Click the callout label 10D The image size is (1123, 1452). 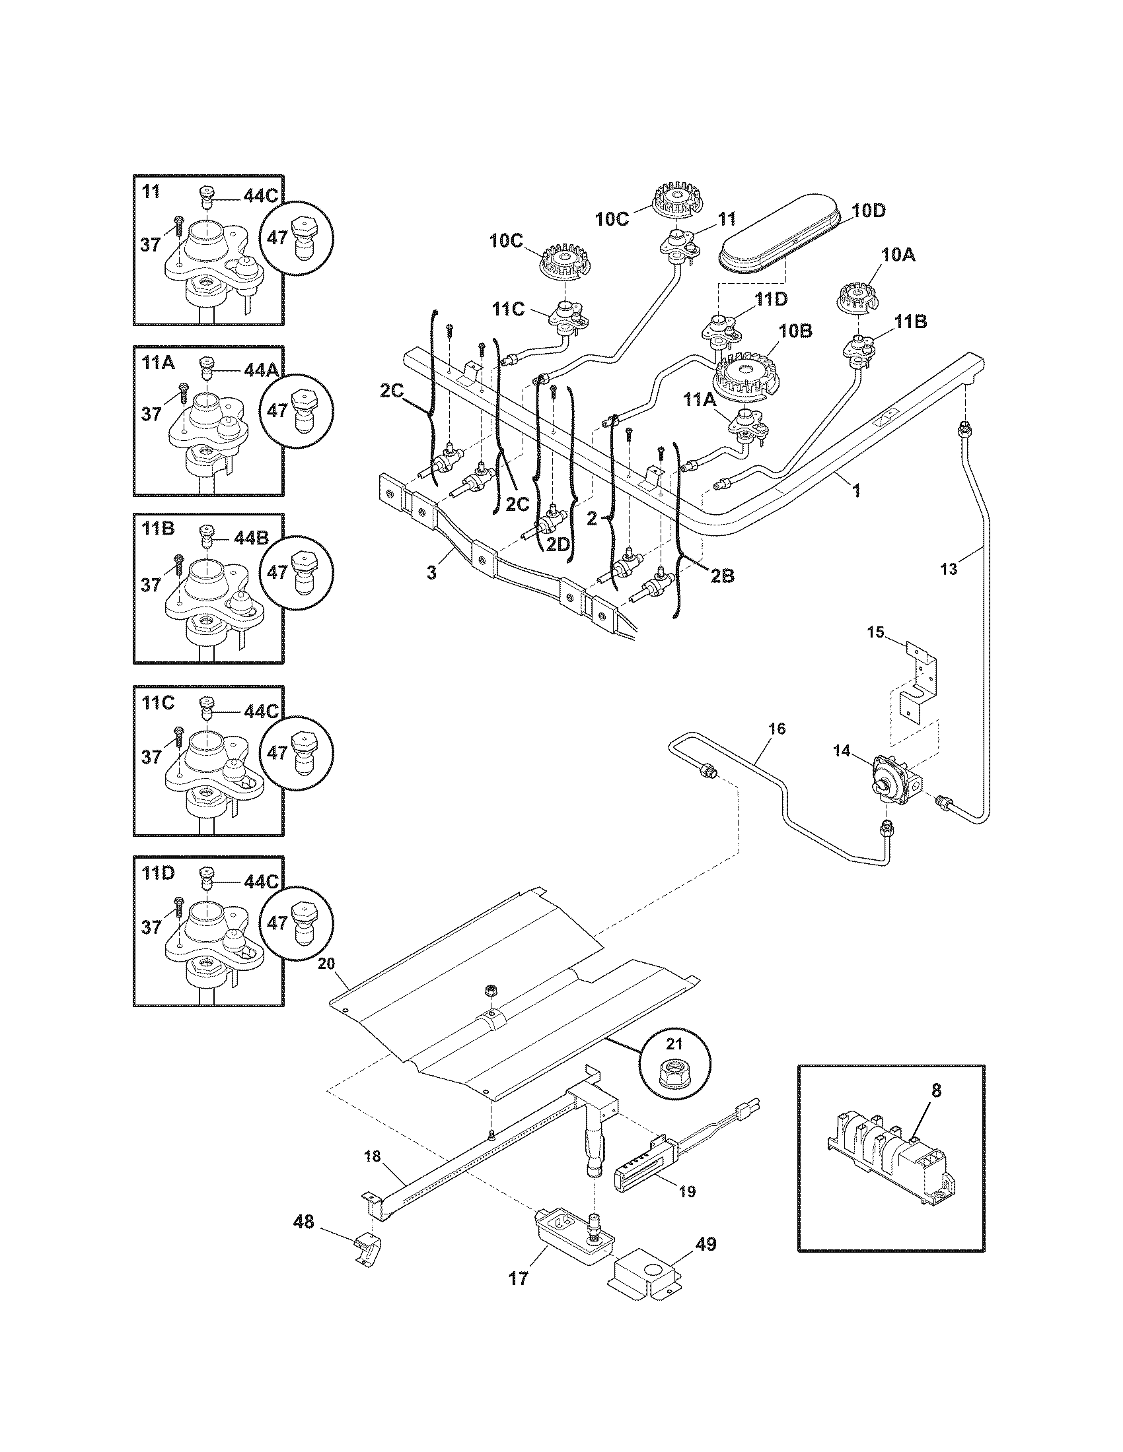pyautogui.click(x=869, y=212)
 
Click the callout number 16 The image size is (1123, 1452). pyautogui.click(x=777, y=729)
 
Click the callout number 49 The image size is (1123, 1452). pyautogui.click(x=706, y=1245)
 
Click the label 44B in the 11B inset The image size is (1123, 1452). pyautogui.click(x=251, y=537)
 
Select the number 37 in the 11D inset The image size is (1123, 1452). pyautogui.click(x=151, y=927)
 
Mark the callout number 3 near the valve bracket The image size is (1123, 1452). pyautogui.click(x=432, y=572)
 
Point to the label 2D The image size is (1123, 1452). pyautogui.click(x=558, y=544)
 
